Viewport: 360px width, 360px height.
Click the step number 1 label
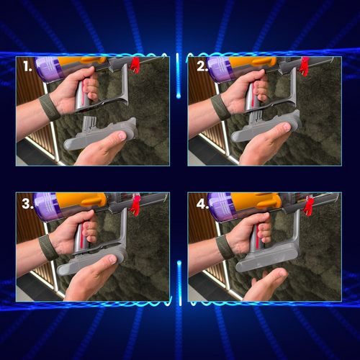[x=28, y=66]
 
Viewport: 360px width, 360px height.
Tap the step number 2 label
[x=202, y=66]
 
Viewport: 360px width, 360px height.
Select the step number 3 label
[x=27, y=204]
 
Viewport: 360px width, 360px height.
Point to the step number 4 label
[x=202, y=204]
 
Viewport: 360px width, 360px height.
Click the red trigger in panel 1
[x=135, y=65]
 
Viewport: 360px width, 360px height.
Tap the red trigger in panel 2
[x=305, y=66]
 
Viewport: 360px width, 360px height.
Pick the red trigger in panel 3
[x=136, y=205]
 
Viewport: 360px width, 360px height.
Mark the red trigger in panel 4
[x=308, y=205]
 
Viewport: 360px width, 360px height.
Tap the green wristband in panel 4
[x=224, y=247]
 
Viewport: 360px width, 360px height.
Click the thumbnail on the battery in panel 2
[x=285, y=127]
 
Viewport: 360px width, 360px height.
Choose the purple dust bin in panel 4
[x=220, y=207]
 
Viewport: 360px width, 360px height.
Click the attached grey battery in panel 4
[x=268, y=258]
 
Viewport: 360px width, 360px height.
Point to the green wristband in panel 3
[x=48, y=247]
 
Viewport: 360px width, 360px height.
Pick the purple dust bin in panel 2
[x=220, y=70]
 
